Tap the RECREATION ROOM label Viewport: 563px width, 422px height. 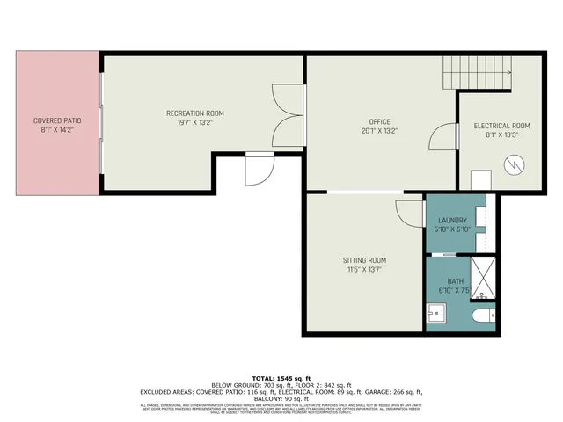coord(195,113)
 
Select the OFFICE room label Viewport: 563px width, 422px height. coord(379,121)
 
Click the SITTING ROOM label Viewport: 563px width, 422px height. coord(364,260)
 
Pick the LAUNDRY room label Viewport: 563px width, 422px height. coord(452,220)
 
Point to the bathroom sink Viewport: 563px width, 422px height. coord(436,313)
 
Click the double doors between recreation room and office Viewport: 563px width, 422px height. coord(289,108)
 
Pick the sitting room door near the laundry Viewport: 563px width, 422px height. coord(409,212)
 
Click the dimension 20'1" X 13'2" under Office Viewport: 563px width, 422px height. coord(379,131)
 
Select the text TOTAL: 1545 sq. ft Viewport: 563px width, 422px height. coord(281,377)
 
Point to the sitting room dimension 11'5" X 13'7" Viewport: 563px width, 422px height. coord(364,270)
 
